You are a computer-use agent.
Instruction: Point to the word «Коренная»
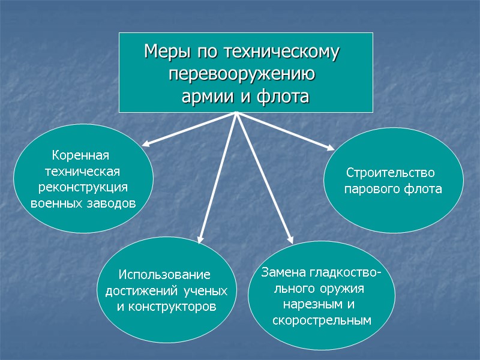[x=81, y=156]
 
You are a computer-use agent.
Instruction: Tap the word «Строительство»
[x=390, y=173]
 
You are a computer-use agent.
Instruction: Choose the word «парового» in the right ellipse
[x=369, y=189]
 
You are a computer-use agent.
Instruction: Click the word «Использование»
[x=164, y=275]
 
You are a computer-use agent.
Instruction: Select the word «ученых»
[x=206, y=292]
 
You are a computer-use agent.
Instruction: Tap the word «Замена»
[x=284, y=273]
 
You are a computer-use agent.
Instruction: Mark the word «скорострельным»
[x=322, y=320]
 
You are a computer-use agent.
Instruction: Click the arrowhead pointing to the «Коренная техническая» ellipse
[x=146, y=144]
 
